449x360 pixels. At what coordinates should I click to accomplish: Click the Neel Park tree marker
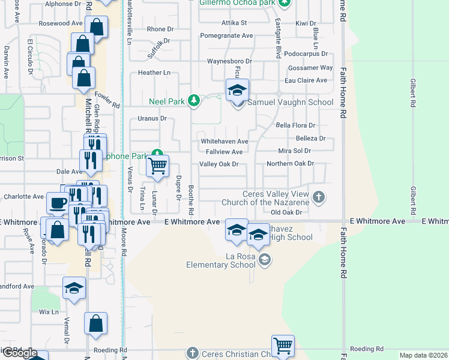tap(193, 100)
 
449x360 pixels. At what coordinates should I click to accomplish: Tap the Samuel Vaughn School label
tap(291, 102)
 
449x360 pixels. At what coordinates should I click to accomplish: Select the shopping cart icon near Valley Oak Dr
tap(157, 166)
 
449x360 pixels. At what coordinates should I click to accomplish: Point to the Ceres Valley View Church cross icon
tap(319, 196)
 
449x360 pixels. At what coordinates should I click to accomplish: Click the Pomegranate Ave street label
tap(226, 35)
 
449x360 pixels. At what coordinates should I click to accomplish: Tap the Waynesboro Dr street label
tap(229, 61)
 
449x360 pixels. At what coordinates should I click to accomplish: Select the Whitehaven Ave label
tap(224, 142)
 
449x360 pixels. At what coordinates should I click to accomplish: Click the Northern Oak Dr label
tap(291, 163)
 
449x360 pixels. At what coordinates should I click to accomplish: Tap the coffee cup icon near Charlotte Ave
tap(58, 203)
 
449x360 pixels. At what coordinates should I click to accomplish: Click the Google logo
tap(20, 353)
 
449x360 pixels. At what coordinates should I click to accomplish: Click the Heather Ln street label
tap(154, 73)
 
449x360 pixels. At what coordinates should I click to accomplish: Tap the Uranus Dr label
tap(151, 118)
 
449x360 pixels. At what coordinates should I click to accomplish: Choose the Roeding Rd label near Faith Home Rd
tap(366, 349)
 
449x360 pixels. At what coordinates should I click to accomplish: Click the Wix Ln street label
tap(49, 312)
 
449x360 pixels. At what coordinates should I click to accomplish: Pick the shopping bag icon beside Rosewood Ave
tap(96, 27)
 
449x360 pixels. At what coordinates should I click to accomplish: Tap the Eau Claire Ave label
tap(306, 80)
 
